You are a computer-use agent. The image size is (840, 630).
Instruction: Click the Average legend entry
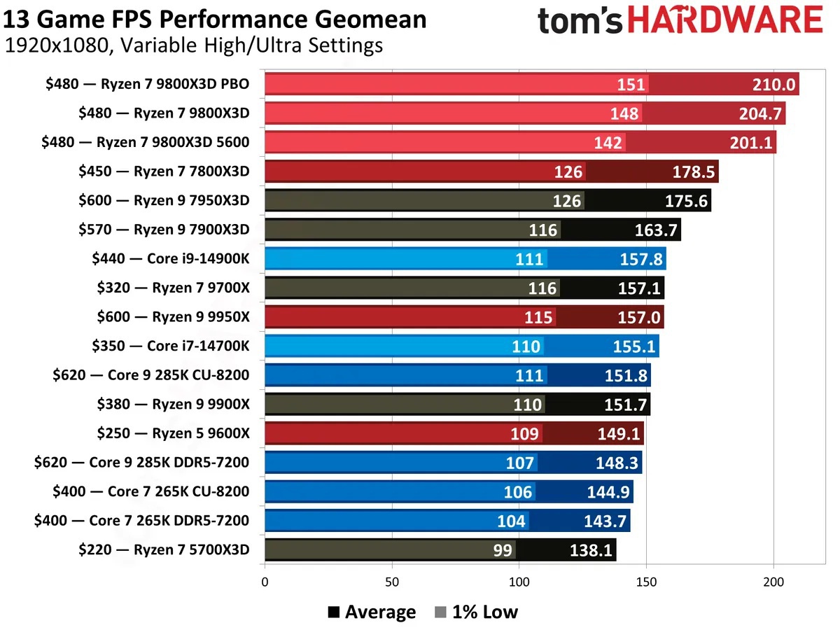tap(372, 612)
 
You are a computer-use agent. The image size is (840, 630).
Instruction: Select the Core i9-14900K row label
tap(170, 259)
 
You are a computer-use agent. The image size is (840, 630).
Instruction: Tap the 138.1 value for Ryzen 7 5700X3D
tap(591, 550)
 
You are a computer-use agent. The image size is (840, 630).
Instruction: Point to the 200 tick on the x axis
tap(773, 581)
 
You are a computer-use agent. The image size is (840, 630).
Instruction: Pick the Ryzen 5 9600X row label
tap(173, 433)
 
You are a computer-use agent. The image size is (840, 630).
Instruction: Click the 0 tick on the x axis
tap(265, 581)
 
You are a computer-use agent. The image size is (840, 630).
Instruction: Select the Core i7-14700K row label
tap(170, 346)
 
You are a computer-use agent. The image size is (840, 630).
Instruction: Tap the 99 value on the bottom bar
tap(503, 550)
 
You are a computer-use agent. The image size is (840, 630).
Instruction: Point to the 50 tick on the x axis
tap(392, 581)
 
